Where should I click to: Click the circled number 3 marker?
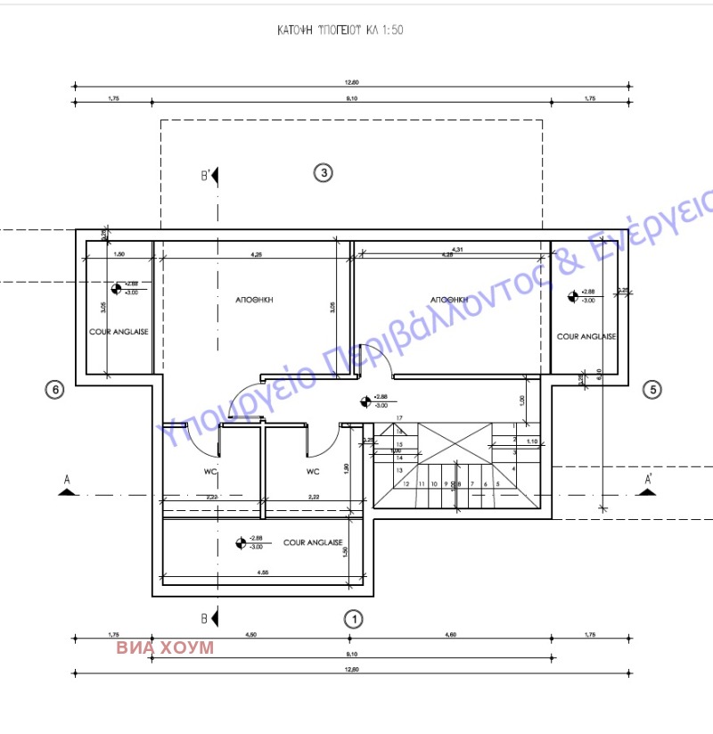pos(324,173)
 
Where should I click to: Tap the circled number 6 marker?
pos(55,389)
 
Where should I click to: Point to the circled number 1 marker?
pos(354,617)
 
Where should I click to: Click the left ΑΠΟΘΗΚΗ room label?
pos(254,301)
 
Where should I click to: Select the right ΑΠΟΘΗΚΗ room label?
pos(449,300)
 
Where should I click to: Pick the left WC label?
pos(211,471)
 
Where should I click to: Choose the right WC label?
pos(313,471)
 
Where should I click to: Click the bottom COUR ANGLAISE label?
pos(313,541)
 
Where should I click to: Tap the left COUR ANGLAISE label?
pos(118,330)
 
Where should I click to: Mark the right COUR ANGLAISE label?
pos(586,336)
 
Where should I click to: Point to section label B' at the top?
pos(206,175)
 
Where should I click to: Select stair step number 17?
pos(400,417)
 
